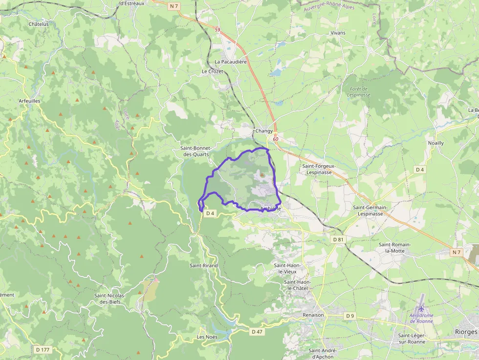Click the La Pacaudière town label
[x=231, y=62]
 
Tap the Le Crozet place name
[x=212, y=71]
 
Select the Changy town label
[x=264, y=131]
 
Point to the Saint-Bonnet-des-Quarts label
[x=195, y=151]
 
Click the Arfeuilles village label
[x=29, y=101]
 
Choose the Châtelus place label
[x=39, y=23]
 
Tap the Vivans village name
[x=338, y=33]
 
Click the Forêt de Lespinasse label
[x=359, y=91]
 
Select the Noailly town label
[x=436, y=143]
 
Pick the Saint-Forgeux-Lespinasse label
[x=319, y=169]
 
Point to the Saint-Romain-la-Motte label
[x=394, y=247]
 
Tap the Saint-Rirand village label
[x=204, y=265]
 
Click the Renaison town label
[x=313, y=315]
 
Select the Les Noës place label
[x=207, y=337]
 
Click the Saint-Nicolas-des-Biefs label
[x=110, y=298]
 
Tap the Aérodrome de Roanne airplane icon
[x=421, y=309]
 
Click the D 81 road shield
[x=338, y=239]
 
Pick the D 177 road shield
[x=43, y=349]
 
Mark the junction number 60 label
[x=276, y=139]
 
